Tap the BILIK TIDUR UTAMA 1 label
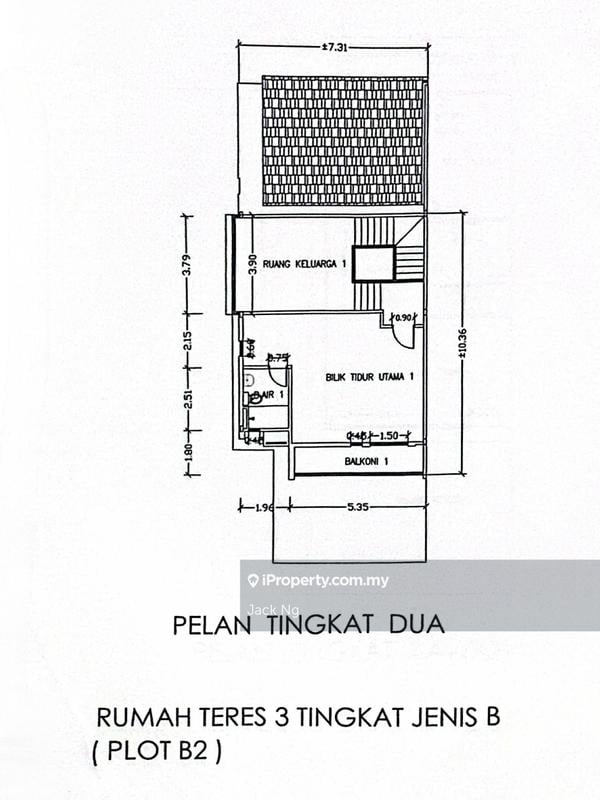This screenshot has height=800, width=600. pyautogui.click(x=369, y=377)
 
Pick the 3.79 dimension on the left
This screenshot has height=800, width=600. pyautogui.click(x=187, y=265)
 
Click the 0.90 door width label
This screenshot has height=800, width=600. pyautogui.click(x=404, y=319)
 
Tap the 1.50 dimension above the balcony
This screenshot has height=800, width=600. pyautogui.click(x=390, y=436)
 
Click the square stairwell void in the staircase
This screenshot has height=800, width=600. pyautogui.click(x=374, y=264)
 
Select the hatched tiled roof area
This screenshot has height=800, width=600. pyautogui.click(x=343, y=140)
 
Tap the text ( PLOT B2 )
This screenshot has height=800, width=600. pyautogui.click(x=158, y=751)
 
